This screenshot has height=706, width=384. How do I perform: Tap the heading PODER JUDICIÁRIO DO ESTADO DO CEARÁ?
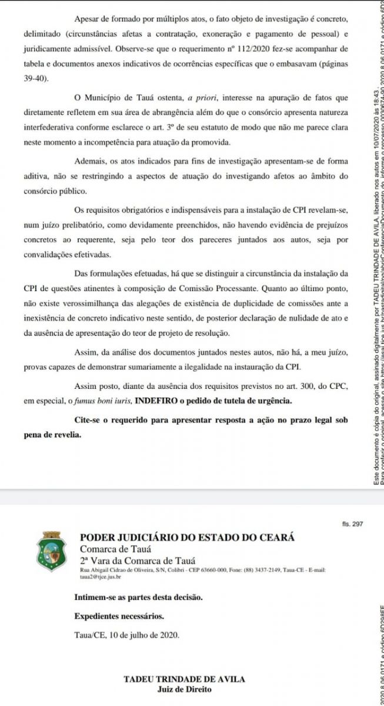tap(187, 537)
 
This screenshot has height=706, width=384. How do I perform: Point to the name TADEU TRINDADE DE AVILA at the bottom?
tap(184, 679)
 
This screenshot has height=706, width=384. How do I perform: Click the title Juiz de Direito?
tap(184, 688)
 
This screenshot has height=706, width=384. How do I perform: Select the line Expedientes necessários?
tap(119, 617)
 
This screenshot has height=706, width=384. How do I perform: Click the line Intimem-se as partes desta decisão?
tap(138, 597)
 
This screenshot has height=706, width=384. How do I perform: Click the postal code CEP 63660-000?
tap(195, 571)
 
